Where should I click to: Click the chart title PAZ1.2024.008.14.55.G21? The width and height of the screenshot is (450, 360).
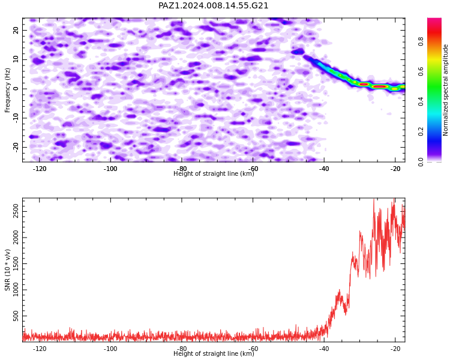pos(213,6)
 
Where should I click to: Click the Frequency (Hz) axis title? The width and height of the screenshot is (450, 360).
pos(7,90)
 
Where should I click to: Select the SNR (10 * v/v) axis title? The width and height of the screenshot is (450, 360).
pos(7,270)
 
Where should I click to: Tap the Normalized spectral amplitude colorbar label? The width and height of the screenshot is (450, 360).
pos(445,90)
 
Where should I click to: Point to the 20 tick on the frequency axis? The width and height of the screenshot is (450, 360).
pos(16,30)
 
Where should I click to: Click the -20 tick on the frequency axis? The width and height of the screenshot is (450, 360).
pos(16,147)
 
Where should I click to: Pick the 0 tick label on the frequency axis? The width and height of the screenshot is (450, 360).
pos(16,89)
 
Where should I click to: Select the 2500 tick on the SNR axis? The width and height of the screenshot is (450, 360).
pos(16,212)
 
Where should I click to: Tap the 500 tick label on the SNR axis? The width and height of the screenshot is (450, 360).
pos(16,316)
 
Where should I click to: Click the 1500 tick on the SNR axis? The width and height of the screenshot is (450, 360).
pos(16,264)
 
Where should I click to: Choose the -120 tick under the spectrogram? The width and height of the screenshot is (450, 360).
pos(40,169)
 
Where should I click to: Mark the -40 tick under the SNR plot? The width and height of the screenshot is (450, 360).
pos(324,349)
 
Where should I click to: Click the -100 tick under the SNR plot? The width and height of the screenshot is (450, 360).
pos(110,349)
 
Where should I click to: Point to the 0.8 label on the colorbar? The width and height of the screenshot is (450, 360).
pos(421,41)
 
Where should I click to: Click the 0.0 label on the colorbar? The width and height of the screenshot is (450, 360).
pos(421,161)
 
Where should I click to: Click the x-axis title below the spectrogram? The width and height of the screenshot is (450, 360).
pos(214,173)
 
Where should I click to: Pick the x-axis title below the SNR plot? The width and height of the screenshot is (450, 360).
pos(214,353)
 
